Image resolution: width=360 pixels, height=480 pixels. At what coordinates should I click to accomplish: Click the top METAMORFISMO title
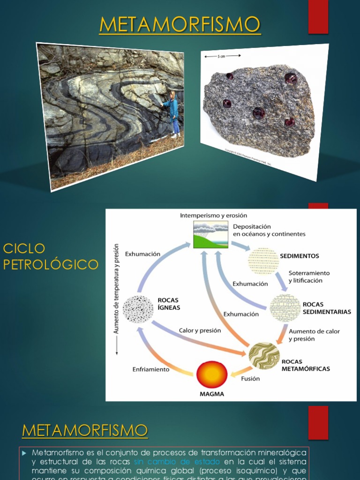click(x=180, y=24)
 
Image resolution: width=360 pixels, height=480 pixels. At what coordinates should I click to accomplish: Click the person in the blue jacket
click(x=173, y=112)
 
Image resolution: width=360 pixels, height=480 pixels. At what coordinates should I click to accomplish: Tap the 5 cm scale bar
click(x=223, y=56)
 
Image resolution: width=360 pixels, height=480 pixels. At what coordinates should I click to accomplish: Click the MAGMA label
click(x=212, y=394)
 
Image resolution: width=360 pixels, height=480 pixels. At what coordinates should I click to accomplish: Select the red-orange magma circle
click(x=212, y=375)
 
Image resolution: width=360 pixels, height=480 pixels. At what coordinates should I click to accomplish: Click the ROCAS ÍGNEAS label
click(x=169, y=304)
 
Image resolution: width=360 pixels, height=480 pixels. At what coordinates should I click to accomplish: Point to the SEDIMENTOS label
click(x=300, y=256)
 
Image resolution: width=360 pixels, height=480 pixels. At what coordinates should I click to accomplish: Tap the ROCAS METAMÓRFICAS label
click(x=305, y=365)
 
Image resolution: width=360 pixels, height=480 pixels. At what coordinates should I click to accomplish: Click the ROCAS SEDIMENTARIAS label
click(x=327, y=308)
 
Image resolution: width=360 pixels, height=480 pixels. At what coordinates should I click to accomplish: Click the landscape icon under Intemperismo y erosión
click(x=210, y=234)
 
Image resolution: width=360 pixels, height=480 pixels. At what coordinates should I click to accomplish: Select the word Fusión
click(x=250, y=378)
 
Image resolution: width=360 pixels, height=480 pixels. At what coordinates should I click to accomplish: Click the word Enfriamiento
click(x=150, y=369)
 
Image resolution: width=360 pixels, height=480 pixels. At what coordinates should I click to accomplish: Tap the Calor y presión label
click(x=200, y=330)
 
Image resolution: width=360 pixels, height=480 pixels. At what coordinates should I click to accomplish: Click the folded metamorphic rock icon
click(x=264, y=356)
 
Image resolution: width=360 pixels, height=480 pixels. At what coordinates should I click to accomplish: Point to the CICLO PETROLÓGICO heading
click(x=51, y=256)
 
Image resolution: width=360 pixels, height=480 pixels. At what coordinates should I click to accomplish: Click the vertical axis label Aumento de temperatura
click(x=116, y=288)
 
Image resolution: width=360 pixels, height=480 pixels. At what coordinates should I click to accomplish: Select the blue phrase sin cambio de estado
click(x=177, y=461)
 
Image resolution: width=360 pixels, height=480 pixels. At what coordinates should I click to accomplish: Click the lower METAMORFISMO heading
click(x=85, y=429)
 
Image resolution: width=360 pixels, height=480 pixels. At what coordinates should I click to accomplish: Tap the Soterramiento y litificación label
click(x=309, y=277)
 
